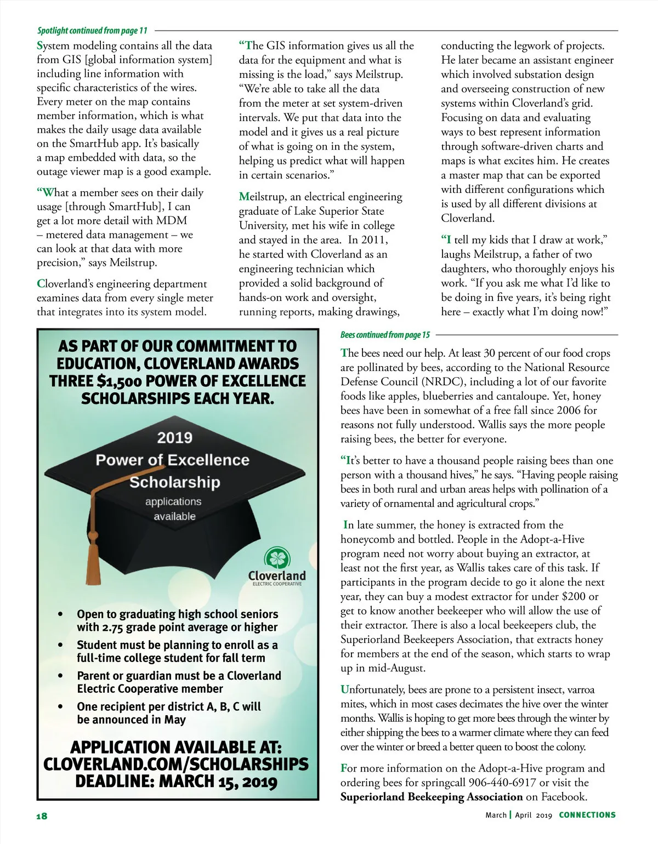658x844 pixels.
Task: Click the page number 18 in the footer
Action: [x=42, y=816]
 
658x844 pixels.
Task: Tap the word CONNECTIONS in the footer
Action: [x=587, y=815]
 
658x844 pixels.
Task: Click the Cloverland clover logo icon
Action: [x=277, y=558]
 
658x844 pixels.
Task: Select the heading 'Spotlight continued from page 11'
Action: [x=92, y=31]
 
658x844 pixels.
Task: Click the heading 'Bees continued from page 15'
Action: [x=385, y=335]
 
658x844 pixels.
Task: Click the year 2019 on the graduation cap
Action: [x=174, y=437]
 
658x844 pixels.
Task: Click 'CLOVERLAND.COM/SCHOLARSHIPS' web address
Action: [x=175, y=765]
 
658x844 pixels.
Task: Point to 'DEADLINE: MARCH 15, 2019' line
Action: [x=175, y=782]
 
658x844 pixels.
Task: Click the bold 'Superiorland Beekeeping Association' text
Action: [x=432, y=797]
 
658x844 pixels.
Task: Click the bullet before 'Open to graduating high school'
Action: [x=60, y=614]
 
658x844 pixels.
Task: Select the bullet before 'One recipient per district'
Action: [x=60, y=707]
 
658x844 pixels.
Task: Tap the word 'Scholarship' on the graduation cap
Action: [x=174, y=482]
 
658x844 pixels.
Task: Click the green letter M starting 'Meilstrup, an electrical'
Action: [x=244, y=197]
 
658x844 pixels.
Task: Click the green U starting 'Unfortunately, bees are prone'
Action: [x=345, y=689]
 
